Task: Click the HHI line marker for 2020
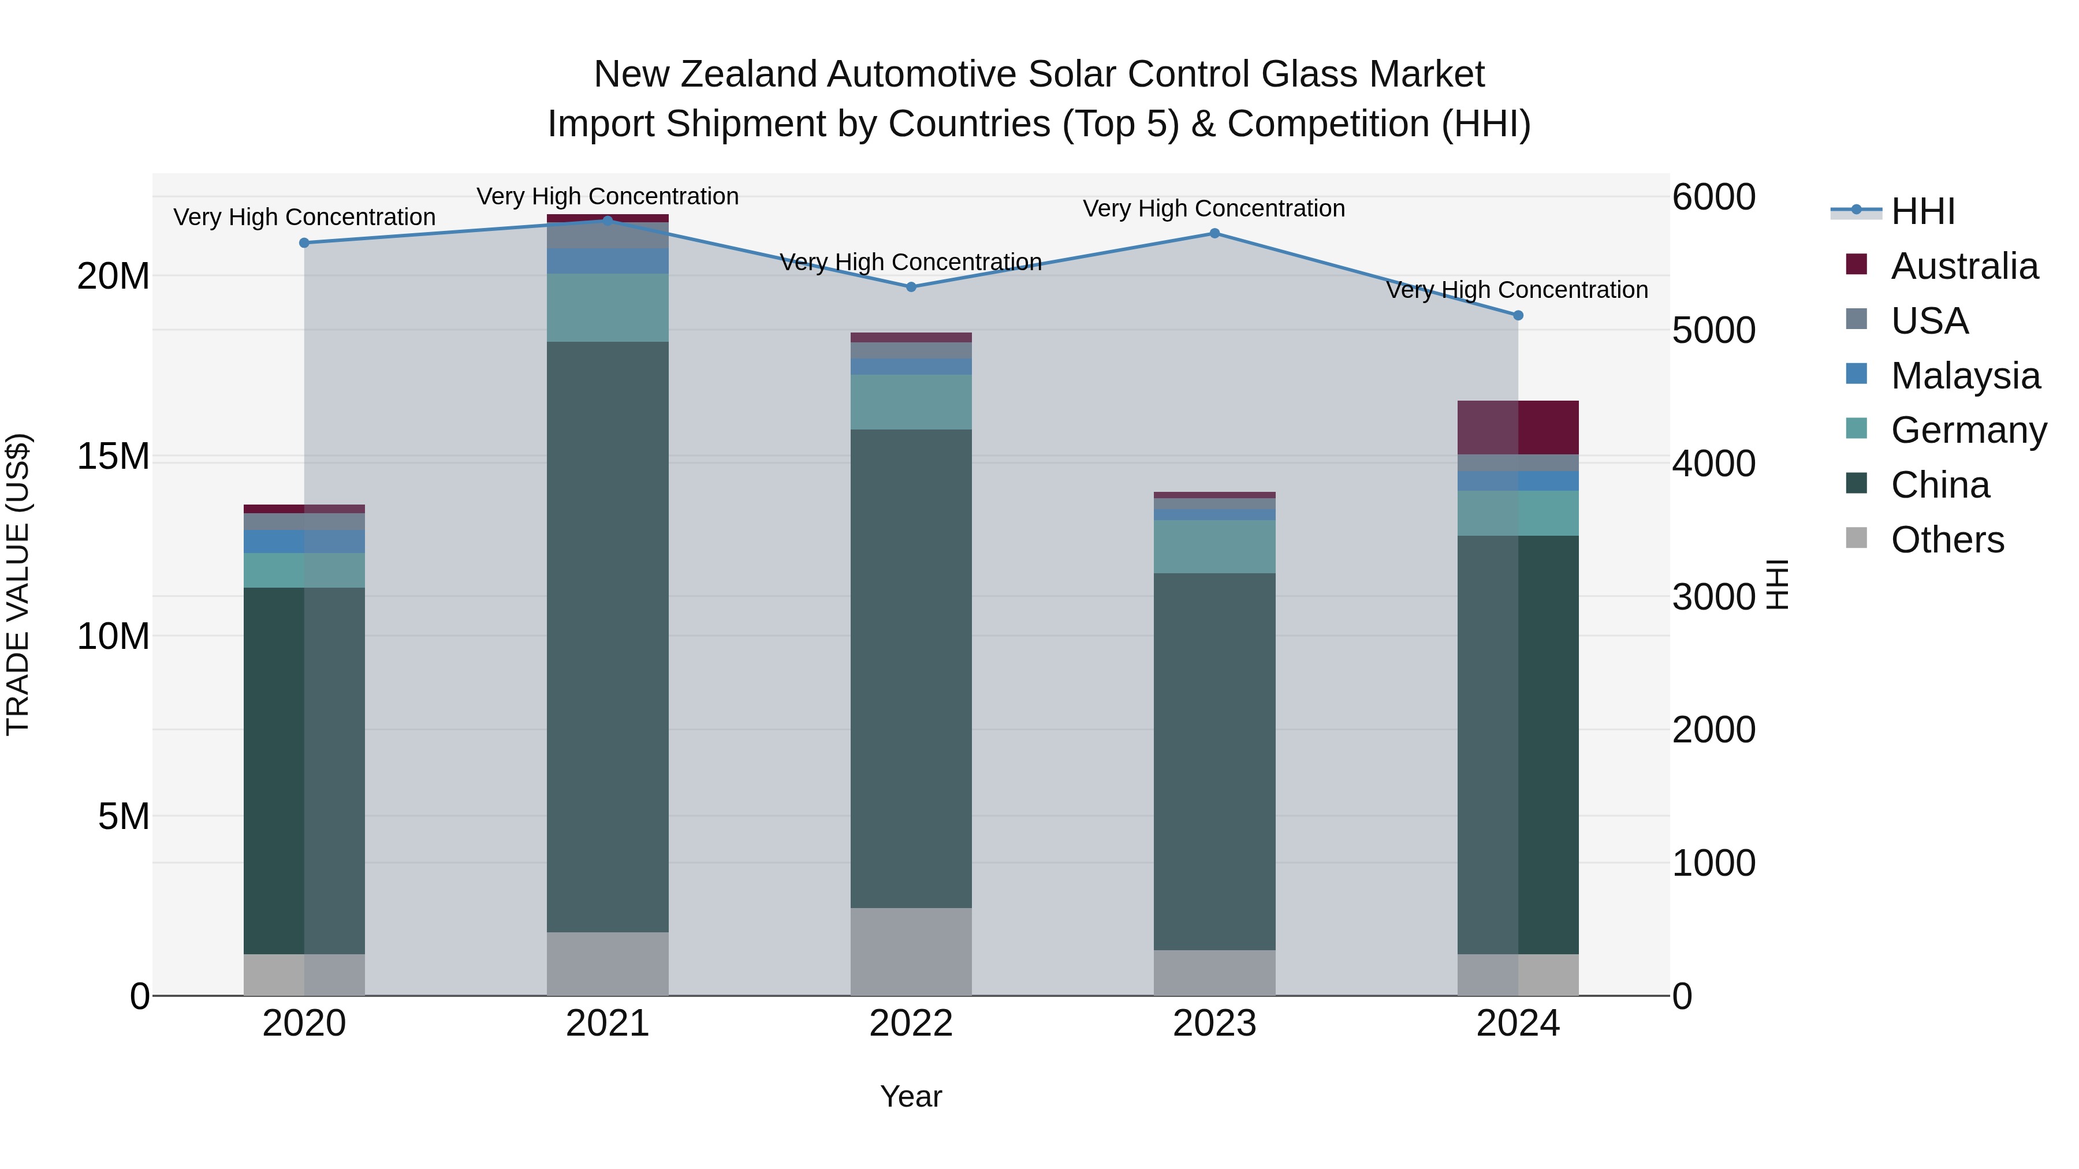pos(304,243)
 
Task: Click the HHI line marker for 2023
pos(1214,233)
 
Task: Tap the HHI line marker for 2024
pos(1518,315)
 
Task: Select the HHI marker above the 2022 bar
pos(911,286)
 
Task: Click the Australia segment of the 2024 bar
pos(1518,428)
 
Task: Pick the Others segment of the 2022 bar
pos(911,951)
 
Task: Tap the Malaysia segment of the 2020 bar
pos(304,541)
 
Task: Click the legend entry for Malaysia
pos(1965,376)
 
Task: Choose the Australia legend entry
pos(1963,266)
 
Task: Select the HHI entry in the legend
pos(1922,211)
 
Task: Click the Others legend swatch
pos(1856,538)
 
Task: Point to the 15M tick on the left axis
pos(113,457)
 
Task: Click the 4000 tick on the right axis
pos(1713,464)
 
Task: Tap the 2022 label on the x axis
pos(911,1024)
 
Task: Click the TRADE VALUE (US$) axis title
pos(18,584)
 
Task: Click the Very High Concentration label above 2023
pos(1214,208)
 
